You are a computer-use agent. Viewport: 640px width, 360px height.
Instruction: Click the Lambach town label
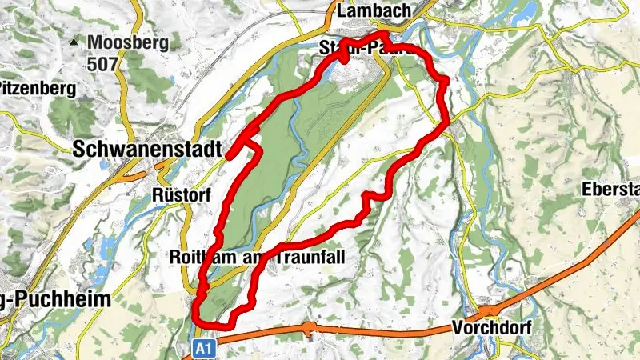(x=374, y=11)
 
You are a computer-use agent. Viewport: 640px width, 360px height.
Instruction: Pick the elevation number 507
(x=103, y=63)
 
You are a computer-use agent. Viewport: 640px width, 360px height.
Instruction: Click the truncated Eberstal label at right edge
(x=613, y=190)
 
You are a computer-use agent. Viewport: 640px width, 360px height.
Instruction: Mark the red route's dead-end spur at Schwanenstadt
(x=229, y=156)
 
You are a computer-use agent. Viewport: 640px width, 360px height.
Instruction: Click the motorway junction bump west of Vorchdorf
(x=309, y=326)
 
